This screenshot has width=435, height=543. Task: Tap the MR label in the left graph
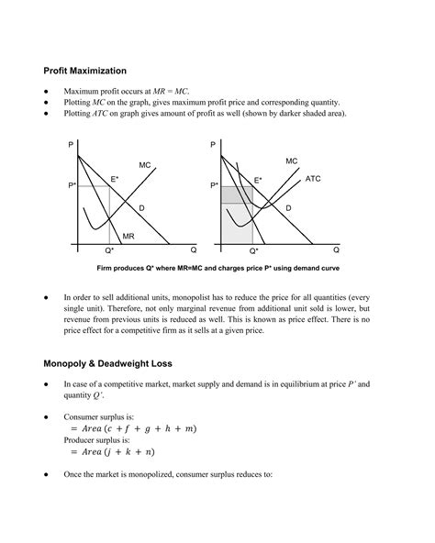pyautogui.click(x=128, y=236)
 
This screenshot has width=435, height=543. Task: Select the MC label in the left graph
pyautogui.click(x=145, y=165)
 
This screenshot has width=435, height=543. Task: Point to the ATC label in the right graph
pyautogui.click(x=312, y=179)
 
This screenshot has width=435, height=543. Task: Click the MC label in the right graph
pyautogui.click(x=292, y=161)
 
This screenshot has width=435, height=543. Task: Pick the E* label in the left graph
pyautogui.click(x=115, y=178)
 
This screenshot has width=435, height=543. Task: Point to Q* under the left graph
pyautogui.click(x=109, y=250)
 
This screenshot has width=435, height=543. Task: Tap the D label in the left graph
pyautogui.click(x=141, y=209)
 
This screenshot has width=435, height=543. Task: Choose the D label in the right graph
pyautogui.click(x=288, y=209)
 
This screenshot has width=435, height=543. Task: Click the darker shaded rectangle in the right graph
pyautogui.click(x=236, y=195)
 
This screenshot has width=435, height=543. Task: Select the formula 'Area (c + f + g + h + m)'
pyautogui.click(x=132, y=428)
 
